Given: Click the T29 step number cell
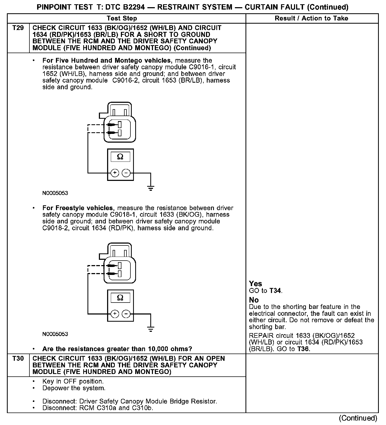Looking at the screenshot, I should [18, 28].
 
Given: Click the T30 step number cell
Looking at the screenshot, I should [18, 359].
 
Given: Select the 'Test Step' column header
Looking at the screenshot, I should [122, 18].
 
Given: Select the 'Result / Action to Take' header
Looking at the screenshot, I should [312, 18].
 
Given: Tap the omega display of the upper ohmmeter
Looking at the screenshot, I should [120, 157].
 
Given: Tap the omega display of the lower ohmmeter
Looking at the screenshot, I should [120, 298].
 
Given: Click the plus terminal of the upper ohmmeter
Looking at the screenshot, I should [115, 173].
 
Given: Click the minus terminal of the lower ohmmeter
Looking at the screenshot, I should [126, 314].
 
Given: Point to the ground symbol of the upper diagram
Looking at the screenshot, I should [151, 189].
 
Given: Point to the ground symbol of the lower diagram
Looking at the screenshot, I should [151, 330].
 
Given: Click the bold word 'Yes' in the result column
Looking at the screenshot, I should [255, 284].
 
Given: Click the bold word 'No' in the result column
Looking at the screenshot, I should [254, 300].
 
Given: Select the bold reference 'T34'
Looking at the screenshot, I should [275, 291].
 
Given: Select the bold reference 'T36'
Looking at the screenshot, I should [303, 349].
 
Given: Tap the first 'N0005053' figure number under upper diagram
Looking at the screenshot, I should [55, 193].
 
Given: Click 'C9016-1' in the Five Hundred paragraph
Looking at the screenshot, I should [201, 67].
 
